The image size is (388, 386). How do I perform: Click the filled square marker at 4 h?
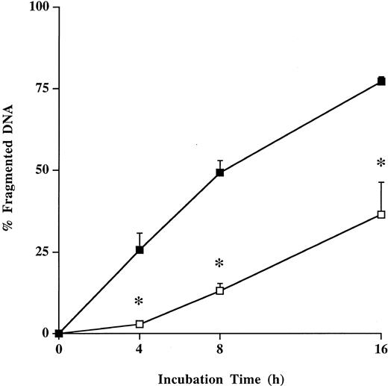click(x=140, y=250)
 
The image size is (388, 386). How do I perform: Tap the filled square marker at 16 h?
click(x=381, y=81)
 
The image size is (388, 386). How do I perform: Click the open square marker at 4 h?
click(x=140, y=324)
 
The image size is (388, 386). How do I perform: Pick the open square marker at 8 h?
click(x=220, y=290)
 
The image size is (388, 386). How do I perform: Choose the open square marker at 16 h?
click(x=381, y=214)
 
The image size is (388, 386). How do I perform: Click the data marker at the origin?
click(x=60, y=333)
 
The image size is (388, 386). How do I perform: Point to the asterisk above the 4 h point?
click(x=139, y=302)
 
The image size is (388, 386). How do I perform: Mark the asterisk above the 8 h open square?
click(x=219, y=264)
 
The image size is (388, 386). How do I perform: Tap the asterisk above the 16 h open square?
click(x=381, y=164)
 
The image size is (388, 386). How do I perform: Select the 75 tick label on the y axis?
click(x=40, y=89)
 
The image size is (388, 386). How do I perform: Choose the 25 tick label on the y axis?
click(x=40, y=252)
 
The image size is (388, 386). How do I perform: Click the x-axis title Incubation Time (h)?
click(x=219, y=377)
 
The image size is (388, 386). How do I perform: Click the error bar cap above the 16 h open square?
click(x=381, y=182)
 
